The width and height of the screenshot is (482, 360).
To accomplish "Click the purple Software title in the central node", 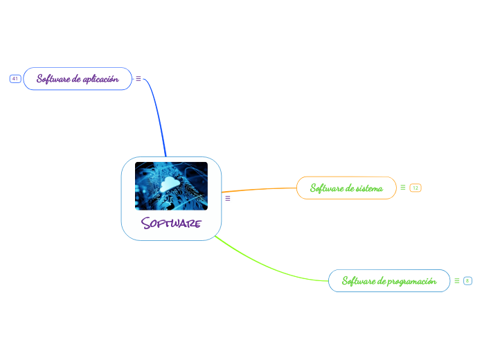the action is (171, 224).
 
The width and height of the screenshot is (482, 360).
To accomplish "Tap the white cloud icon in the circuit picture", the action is (169, 183).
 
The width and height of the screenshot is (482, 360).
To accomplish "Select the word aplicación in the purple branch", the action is (101, 79).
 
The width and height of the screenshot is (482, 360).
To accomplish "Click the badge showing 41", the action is (15, 79).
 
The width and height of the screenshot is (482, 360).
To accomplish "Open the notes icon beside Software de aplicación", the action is (139, 79).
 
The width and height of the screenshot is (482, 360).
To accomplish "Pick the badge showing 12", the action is (416, 188).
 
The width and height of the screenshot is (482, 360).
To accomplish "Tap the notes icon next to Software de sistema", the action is (403, 187).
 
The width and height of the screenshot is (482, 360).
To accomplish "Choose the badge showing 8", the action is (468, 280).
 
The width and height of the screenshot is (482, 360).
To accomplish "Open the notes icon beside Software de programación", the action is (457, 280).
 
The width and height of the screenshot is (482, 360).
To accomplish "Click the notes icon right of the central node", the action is (228, 199).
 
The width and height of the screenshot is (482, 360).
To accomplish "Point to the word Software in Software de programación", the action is (358, 281).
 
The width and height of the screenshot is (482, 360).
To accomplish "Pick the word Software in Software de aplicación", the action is (53, 79).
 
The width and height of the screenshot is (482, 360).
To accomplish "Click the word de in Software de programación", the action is (382, 281).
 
